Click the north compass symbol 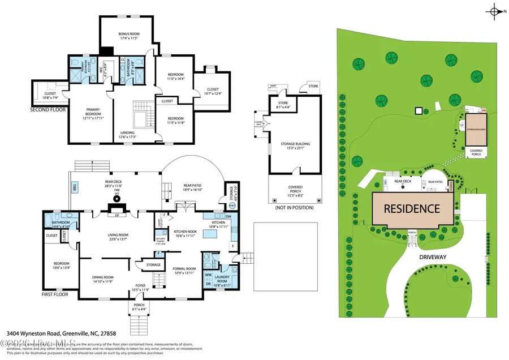click(x=495, y=11)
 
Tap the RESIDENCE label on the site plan click(x=412, y=208)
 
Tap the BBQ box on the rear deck click(x=74, y=186)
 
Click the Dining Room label click(x=103, y=278)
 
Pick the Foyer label click(x=139, y=288)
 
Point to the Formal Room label click(x=184, y=271)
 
